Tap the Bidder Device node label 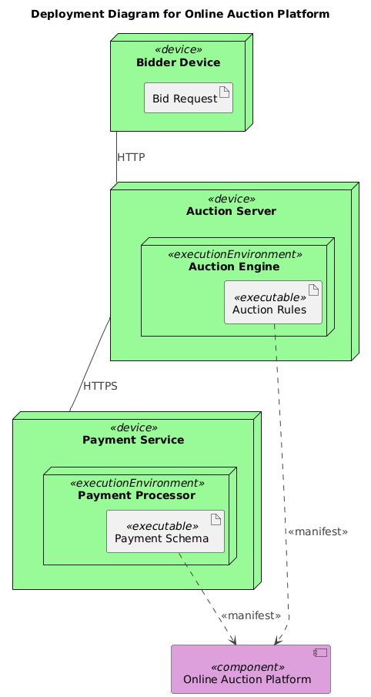(178, 62)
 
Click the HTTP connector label (131, 157)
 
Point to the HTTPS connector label (100, 386)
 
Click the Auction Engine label (234, 266)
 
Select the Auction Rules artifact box (272, 303)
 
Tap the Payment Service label (133, 440)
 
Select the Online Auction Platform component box (250, 669)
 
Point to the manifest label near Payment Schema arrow (250, 615)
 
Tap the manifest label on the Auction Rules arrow (317, 532)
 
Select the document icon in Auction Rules (313, 290)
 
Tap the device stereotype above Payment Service (133, 427)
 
